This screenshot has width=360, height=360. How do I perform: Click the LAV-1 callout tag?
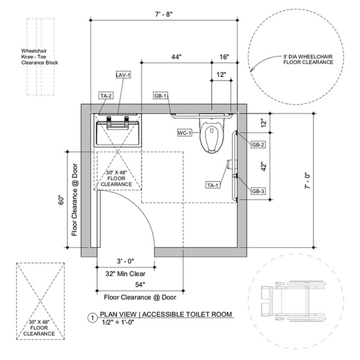click(124, 75)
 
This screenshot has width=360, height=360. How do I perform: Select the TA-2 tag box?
click(106, 96)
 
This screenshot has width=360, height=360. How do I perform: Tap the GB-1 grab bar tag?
click(160, 96)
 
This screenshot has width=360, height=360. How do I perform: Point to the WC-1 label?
click(185, 132)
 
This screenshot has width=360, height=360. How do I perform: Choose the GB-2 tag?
click(258, 145)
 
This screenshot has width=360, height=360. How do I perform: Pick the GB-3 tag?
click(258, 191)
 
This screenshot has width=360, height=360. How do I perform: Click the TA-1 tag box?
click(213, 185)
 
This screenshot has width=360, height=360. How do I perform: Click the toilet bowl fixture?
click(211, 133)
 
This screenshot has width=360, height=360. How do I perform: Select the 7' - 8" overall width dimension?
click(164, 14)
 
